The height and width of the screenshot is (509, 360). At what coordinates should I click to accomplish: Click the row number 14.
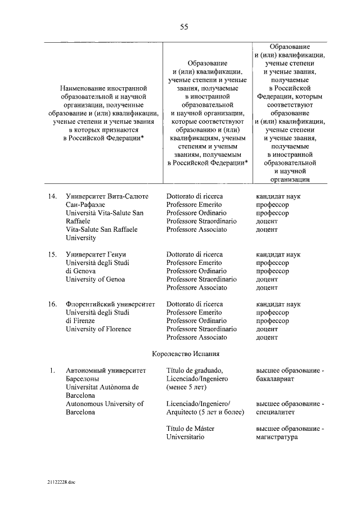coord(52,196)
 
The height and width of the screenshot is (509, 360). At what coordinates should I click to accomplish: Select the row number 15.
coord(52,255)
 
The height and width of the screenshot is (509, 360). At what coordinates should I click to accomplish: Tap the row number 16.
coord(52,304)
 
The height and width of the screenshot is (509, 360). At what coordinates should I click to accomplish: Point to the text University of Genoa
coord(95,280)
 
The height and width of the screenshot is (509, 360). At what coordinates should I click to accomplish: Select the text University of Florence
coord(98,329)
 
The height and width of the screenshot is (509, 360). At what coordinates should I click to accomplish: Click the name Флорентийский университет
coord(110,304)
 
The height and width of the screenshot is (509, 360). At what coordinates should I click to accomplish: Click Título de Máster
coord(191,429)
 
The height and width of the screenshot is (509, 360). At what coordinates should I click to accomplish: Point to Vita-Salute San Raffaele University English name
coord(101,233)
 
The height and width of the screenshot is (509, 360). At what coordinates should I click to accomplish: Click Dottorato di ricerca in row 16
coord(195,304)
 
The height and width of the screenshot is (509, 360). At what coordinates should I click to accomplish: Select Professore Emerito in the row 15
coord(194,263)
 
